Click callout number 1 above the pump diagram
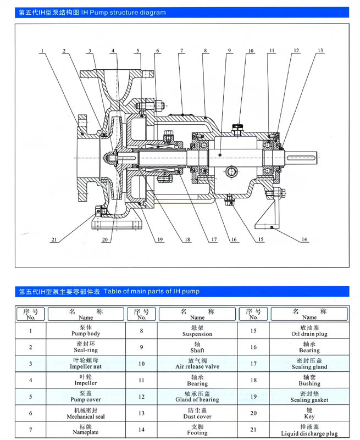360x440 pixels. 42,51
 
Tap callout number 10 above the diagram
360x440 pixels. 251,51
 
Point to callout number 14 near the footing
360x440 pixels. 304,240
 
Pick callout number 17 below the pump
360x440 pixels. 207,240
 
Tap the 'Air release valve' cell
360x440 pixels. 197,364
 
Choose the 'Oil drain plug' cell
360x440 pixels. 309,331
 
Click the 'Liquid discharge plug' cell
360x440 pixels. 309,430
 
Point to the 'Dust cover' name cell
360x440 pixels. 197,414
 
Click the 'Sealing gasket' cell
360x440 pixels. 309,397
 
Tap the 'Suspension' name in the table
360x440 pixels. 197,331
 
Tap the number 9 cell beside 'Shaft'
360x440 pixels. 141,347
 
